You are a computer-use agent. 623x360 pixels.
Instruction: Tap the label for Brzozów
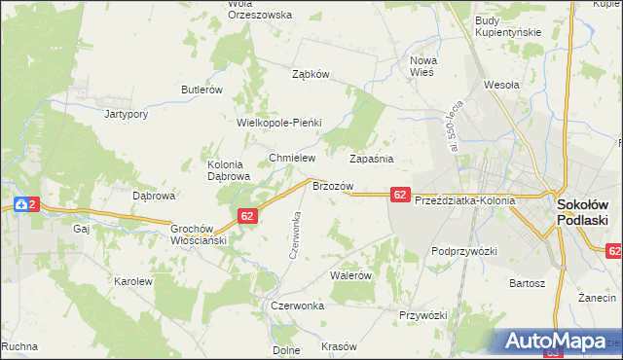click(331, 185)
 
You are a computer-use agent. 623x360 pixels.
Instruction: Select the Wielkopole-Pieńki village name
click(279, 124)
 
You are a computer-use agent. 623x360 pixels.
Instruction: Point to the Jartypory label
click(126, 114)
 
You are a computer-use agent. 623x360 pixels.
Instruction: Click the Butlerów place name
click(202, 90)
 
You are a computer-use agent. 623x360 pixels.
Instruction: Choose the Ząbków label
click(312, 74)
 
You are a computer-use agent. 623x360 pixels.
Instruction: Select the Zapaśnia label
click(371, 157)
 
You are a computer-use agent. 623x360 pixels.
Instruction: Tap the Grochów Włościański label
click(199, 234)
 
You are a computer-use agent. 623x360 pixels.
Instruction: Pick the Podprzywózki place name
click(464, 251)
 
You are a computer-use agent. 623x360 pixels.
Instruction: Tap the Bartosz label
click(526, 284)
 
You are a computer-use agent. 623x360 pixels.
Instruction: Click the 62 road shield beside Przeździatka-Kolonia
click(401, 196)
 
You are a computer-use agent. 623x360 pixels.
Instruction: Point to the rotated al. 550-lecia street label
click(455, 122)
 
